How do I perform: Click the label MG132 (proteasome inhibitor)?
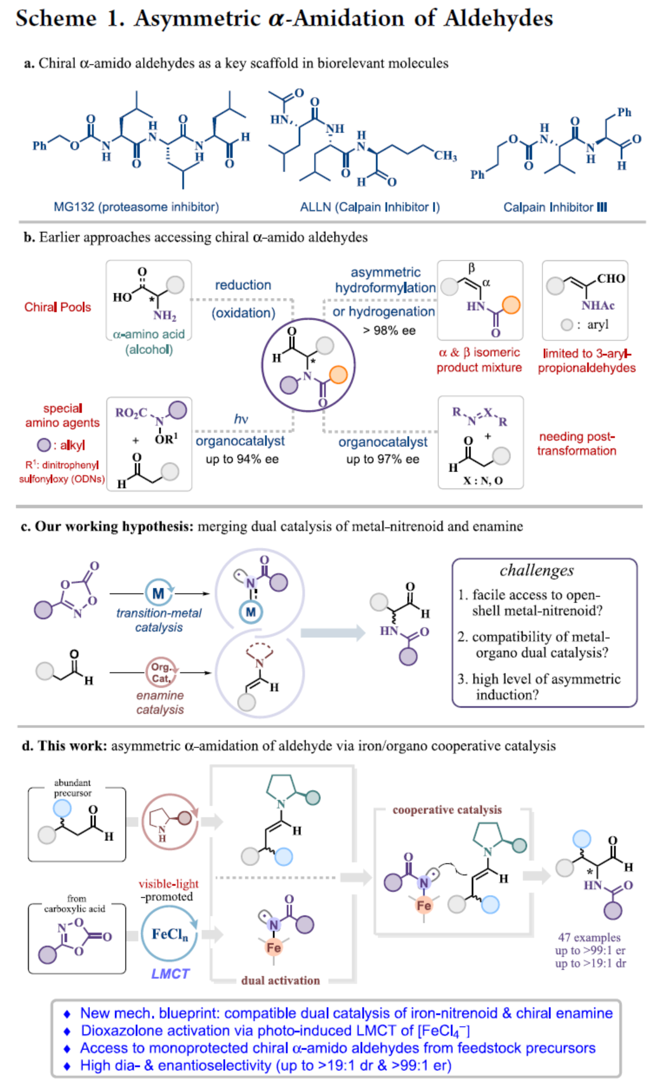pyautogui.click(x=136, y=207)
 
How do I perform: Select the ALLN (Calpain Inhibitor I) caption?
pyautogui.click(x=370, y=207)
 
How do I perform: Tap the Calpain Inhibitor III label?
pyautogui.click(x=554, y=207)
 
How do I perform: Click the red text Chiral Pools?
pyautogui.click(x=57, y=307)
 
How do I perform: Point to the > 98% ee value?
pyautogui.click(x=389, y=330)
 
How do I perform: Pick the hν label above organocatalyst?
pyautogui.click(x=241, y=419)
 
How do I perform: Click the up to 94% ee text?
pyautogui.click(x=242, y=459)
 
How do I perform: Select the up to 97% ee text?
pyautogui.click(x=383, y=459)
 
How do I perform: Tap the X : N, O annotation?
pyautogui.click(x=483, y=481)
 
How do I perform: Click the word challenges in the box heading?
pyautogui.click(x=536, y=570)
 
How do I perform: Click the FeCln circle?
pyautogui.click(x=170, y=934)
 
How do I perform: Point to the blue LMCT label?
pyautogui.click(x=170, y=974)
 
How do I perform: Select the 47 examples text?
pyautogui.click(x=589, y=937)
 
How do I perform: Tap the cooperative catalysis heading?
pyautogui.click(x=447, y=810)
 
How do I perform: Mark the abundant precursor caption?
pyautogui.click(x=72, y=787)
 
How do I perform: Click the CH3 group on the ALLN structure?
pyautogui.click(x=445, y=155)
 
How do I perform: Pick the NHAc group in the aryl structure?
pyautogui.click(x=598, y=305)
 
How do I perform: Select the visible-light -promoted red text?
pyautogui.click(x=168, y=890)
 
